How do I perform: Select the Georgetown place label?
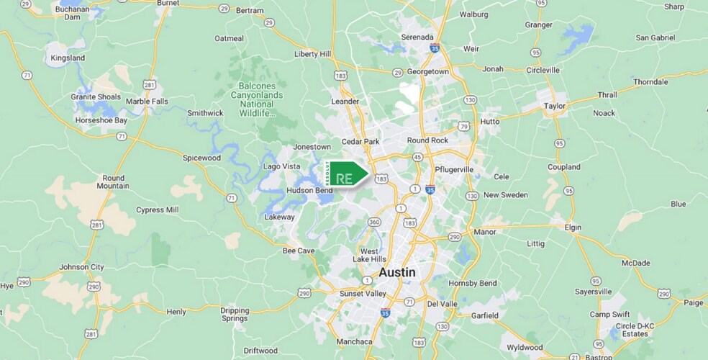click(x=428, y=72)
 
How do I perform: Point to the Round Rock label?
click(x=427, y=140)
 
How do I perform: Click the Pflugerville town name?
click(x=455, y=169)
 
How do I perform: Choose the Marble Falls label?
click(x=147, y=102)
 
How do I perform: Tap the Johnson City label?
click(x=82, y=266)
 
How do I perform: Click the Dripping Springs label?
click(x=235, y=314)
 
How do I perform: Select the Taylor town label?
click(x=555, y=105)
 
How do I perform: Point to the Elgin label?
click(x=573, y=227)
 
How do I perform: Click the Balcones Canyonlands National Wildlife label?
click(x=257, y=99)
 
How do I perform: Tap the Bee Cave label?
click(x=299, y=251)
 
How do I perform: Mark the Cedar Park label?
click(x=360, y=142)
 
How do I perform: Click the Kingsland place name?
click(x=68, y=58)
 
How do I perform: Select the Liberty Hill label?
click(x=313, y=54)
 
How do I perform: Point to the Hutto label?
click(x=489, y=122)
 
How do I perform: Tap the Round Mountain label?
click(x=114, y=181)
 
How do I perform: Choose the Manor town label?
click(x=486, y=232)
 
